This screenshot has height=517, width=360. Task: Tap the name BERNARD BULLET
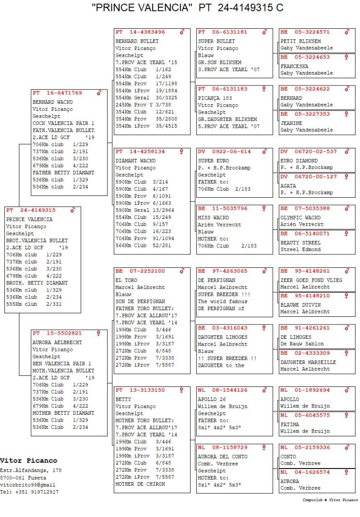point(137,41)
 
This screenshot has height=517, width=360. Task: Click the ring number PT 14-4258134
point(140,152)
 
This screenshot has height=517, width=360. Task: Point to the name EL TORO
point(126,280)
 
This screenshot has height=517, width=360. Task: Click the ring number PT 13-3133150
point(140,390)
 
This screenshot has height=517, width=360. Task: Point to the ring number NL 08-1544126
point(223,390)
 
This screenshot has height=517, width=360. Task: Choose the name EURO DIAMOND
point(299,161)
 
